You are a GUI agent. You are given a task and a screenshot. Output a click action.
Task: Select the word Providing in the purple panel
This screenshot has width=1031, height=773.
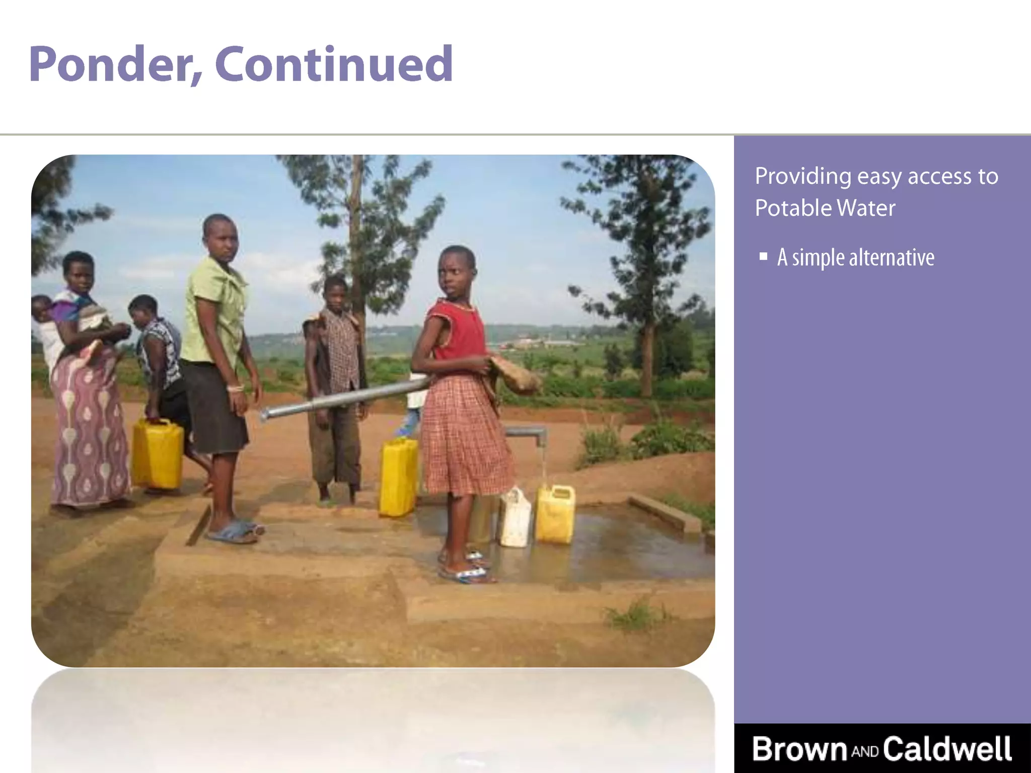click(x=802, y=177)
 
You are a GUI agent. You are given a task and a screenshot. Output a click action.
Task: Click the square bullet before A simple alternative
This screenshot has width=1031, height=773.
click(x=764, y=257)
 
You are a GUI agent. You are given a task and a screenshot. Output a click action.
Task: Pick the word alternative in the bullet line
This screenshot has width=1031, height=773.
click(x=892, y=258)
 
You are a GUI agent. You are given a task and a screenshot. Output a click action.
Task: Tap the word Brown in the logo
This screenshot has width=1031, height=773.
click(x=800, y=749)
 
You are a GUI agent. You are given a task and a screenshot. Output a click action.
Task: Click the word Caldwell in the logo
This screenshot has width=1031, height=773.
click(x=947, y=749)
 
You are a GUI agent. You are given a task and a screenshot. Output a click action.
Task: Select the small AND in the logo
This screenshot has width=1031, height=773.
click(x=865, y=752)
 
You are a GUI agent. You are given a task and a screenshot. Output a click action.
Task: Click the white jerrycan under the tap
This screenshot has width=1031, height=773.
click(x=515, y=518)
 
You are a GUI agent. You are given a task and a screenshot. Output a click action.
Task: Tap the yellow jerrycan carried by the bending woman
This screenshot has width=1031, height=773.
click(x=158, y=454)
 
